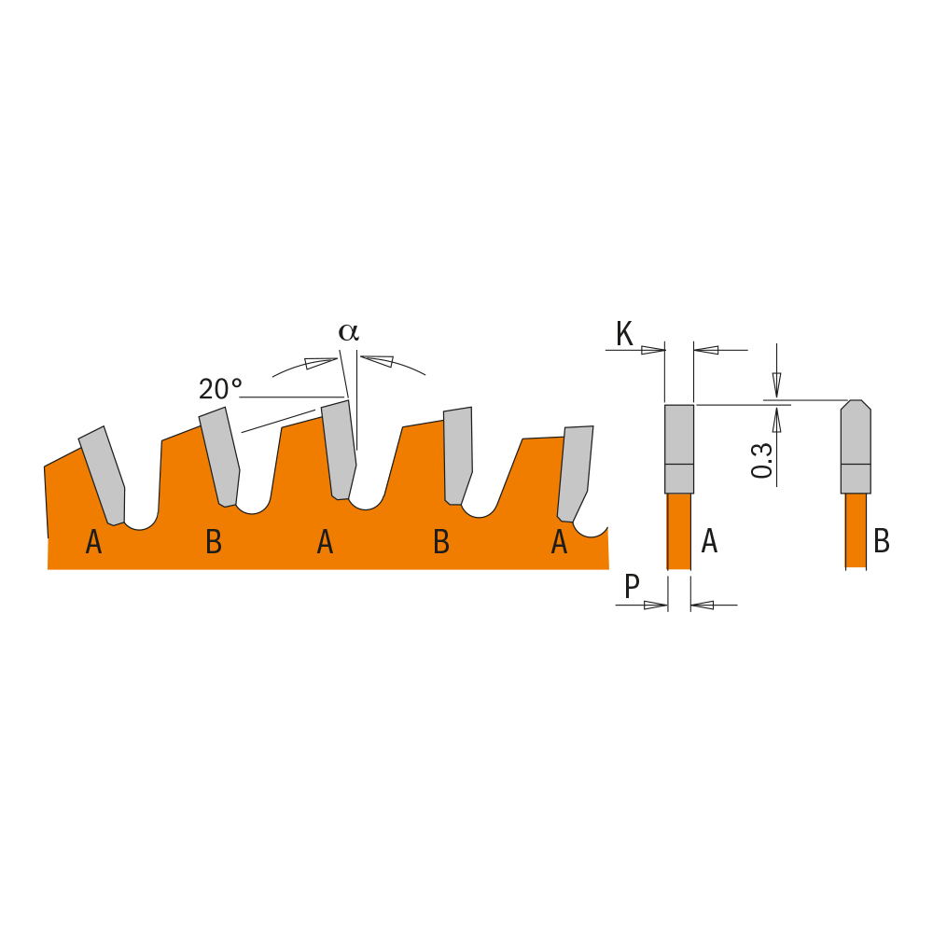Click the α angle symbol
[348, 332]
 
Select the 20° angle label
[220, 389]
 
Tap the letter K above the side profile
[624, 334]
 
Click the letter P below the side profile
[632, 587]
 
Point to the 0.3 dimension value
[762, 460]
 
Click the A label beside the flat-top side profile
[709, 541]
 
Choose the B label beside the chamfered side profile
[881, 541]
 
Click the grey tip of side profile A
[678, 448]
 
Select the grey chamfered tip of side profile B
[855, 446]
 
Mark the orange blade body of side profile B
[855, 530]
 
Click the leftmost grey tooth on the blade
[104, 476]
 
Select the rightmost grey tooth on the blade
[574, 471]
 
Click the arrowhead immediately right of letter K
[653, 350]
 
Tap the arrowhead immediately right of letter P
[656, 606]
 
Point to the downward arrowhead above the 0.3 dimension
[776, 383]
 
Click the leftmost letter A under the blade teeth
[93, 542]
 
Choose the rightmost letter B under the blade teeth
[441, 542]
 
